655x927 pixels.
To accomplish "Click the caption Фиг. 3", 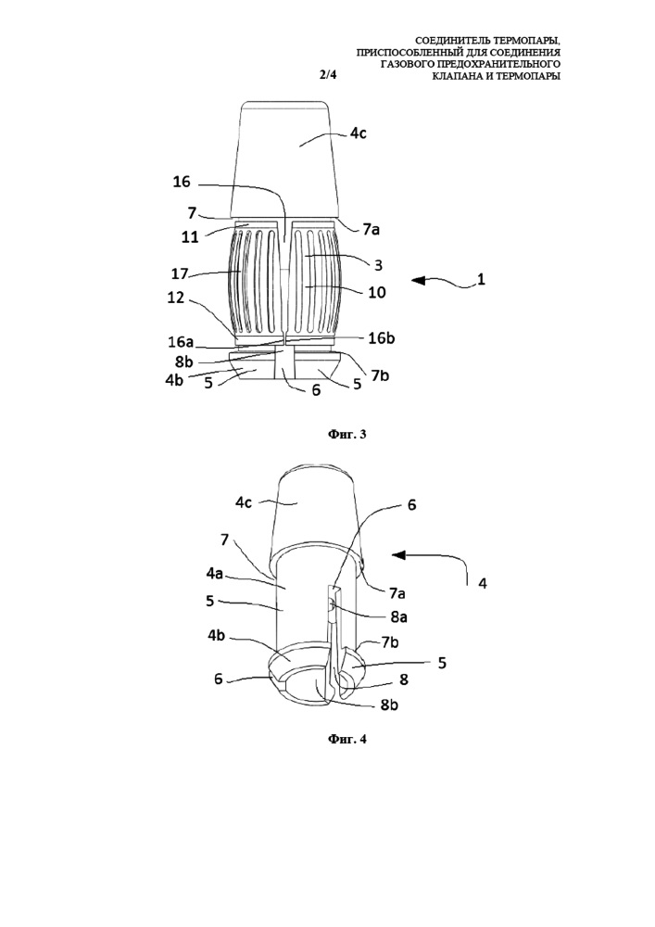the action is [x=347, y=435].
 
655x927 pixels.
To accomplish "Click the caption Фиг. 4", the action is [x=347, y=739].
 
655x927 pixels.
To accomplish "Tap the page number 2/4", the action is [x=326, y=74].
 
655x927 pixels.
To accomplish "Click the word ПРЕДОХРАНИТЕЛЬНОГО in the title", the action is [x=495, y=64].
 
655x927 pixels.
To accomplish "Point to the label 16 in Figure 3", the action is [x=182, y=182].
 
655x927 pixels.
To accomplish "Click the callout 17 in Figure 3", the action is [x=180, y=273].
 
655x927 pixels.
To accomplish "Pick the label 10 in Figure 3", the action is [x=377, y=291].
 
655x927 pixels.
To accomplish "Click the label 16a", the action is [x=181, y=342].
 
